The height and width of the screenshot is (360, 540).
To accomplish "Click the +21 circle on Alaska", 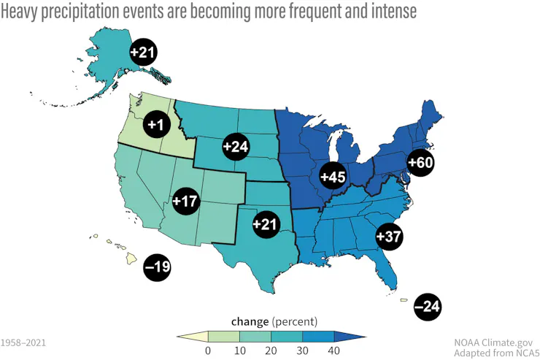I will click(x=142, y=52).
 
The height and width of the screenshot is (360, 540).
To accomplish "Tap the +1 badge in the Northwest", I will click(x=155, y=125).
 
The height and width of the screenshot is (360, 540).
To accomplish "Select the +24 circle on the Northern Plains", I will click(x=236, y=146).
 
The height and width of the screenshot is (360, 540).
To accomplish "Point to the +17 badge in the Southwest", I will click(x=186, y=200).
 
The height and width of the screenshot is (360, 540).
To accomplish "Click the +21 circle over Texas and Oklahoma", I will click(x=266, y=224).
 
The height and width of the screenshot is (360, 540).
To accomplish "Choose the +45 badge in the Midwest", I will click(x=333, y=176).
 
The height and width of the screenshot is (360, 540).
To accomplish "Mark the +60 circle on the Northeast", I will click(x=420, y=162).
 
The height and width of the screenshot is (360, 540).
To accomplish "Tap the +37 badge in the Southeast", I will click(x=389, y=236).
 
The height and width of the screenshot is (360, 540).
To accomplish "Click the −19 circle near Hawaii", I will click(x=157, y=267).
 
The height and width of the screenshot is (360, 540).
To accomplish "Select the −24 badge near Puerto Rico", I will click(x=427, y=307).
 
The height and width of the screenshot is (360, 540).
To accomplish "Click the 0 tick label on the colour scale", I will click(x=208, y=351).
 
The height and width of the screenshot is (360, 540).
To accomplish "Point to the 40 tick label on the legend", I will click(x=334, y=351).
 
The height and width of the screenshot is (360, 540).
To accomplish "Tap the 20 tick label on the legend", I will click(x=271, y=351).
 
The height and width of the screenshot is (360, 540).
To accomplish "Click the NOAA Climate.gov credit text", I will click(x=493, y=341).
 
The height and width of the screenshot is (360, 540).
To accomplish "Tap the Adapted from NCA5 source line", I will click(x=492, y=353).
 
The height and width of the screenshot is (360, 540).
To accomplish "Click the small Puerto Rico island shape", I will click(x=404, y=299).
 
